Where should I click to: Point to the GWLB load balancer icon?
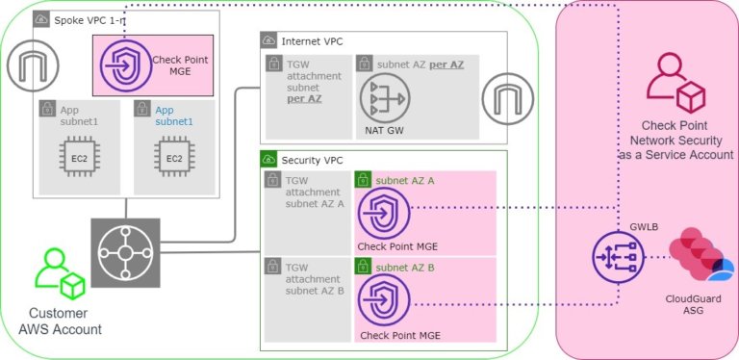tap(616, 258)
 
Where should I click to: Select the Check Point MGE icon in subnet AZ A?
tap(384, 213)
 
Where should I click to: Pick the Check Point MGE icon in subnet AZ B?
tap(384, 301)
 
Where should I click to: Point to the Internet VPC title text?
tap(312, 41)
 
